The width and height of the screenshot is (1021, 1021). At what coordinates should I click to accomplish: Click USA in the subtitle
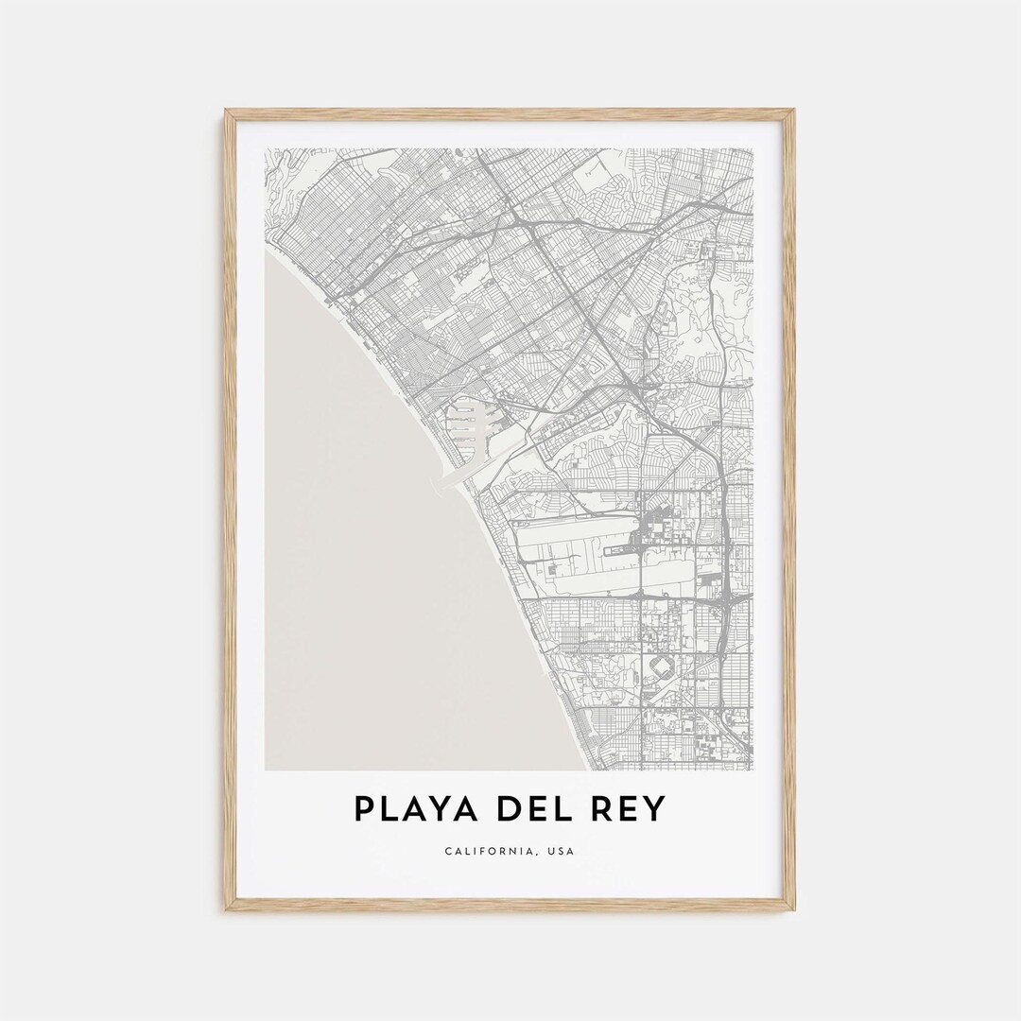pyautogui.click(x=560, y=852)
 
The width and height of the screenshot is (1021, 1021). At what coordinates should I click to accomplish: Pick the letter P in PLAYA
pyautogui.click(x=364, y=809)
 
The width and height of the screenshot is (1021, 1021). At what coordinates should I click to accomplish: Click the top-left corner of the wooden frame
pyautogui.click(x=227, y=112)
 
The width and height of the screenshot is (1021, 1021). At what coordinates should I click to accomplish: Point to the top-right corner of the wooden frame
pyautogui.click(x=793, y=112)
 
